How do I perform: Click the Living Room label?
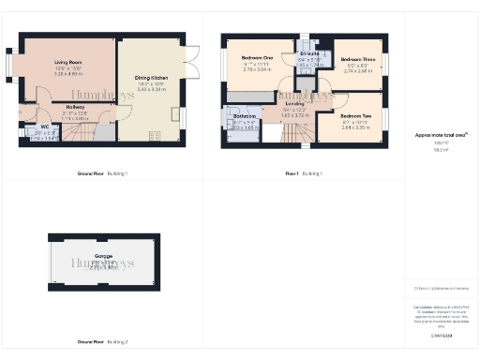click(63, 61)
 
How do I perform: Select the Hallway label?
click(76, 108)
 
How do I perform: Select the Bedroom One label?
click(257, 58)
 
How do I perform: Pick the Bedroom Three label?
click(358, 60)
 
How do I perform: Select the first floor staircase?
click(292, 134)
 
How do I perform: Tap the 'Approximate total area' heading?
click(442, 135)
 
